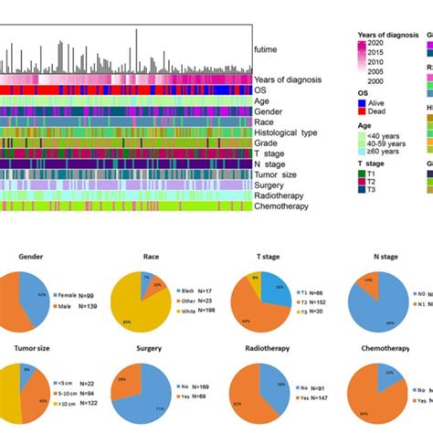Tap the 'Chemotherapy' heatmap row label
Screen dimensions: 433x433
click(x=280, y=206)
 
